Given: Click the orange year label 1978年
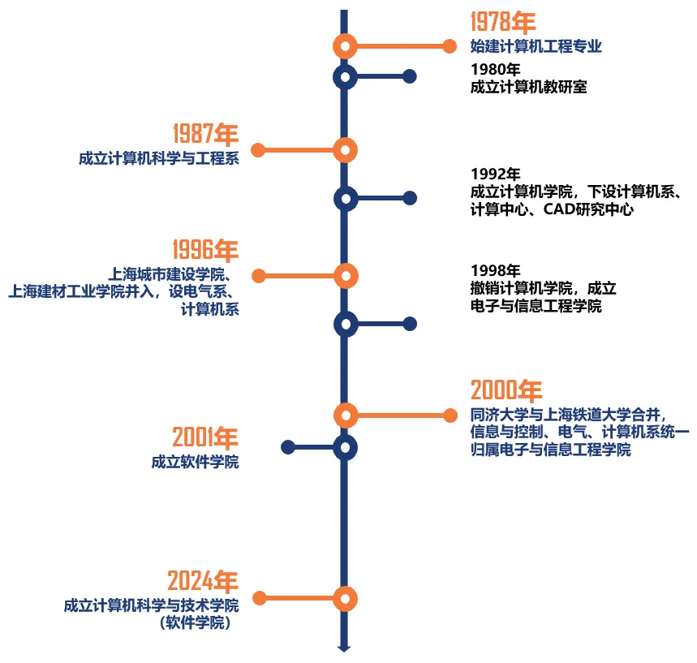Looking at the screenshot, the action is (503, 22).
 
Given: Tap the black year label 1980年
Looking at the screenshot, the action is (495, 69).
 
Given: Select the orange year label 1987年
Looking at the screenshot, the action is (206, 134).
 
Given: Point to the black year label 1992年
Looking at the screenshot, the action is (495, 174).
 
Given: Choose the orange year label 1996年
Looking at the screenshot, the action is (206, 249).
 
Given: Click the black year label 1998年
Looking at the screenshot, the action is (495, 270).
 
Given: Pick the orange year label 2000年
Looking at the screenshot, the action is (506, 390).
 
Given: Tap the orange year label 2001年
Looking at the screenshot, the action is (205, 437).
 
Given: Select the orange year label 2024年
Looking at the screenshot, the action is (203, 581).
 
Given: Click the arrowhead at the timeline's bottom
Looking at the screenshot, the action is (344, 648).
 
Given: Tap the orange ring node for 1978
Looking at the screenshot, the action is (345, 46).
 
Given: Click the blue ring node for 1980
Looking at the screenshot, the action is (345, 77).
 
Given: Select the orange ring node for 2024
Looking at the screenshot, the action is (345, 599).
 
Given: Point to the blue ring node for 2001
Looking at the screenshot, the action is (345, 447).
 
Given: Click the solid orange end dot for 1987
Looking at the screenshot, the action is (258, 150).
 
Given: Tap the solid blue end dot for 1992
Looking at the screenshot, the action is (410, 198).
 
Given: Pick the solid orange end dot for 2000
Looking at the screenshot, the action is (450, 415).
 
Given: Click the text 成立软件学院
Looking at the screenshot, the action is (195, 462).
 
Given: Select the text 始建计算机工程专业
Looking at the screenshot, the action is (536, 46).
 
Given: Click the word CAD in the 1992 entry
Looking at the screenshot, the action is (559, 209).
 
